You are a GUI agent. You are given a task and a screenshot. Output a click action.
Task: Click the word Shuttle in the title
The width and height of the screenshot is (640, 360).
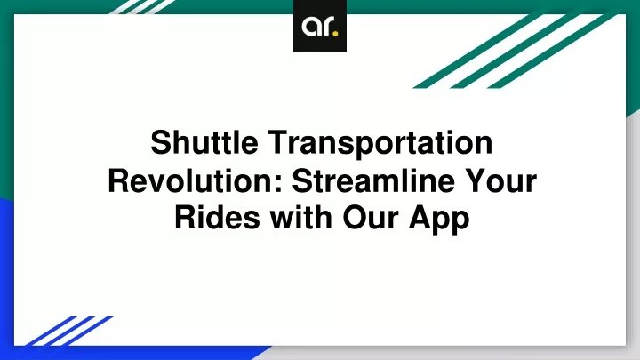[x=204, y=142]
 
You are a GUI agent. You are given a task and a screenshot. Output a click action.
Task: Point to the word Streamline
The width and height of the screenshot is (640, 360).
[x=373, y=180]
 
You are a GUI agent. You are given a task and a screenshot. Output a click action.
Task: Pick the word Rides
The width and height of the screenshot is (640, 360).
[x=217, y=218]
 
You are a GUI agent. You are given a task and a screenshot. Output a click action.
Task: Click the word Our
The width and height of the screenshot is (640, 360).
[x=371, y=219]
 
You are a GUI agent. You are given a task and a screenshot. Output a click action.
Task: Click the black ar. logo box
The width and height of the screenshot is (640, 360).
[x=320, y=26]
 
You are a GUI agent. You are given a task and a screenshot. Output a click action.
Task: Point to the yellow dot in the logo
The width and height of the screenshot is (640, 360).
[x=335, y=33]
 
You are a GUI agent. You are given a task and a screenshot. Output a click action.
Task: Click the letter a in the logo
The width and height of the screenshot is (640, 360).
[x=310, y=27]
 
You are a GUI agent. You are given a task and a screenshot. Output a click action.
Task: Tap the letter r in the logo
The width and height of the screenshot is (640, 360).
[x=327, y=27]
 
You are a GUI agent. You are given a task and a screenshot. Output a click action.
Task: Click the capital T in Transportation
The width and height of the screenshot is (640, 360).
[x=278, y=142]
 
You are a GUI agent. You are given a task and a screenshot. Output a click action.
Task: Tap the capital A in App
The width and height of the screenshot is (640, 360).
[x=420, y=218]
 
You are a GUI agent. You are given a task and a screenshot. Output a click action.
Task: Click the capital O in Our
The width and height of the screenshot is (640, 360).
[x=355, y=218]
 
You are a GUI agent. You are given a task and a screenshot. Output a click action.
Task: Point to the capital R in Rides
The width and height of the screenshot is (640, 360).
[x=186, y=218]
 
